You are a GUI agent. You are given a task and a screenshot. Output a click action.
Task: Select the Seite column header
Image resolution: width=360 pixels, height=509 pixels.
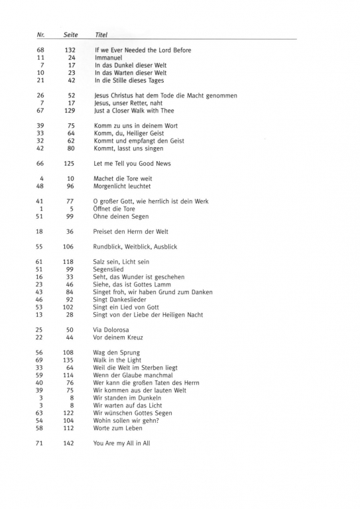point(71,34)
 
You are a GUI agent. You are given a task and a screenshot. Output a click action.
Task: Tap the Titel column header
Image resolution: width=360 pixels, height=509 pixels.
point(101,34)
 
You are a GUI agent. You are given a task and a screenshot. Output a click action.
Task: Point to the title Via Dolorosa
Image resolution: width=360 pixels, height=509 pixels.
point(111,329)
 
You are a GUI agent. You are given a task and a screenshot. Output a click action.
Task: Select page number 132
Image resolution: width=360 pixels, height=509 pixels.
point(70,50)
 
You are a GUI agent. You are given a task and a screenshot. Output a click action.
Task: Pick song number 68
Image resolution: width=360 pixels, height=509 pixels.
point(40,50)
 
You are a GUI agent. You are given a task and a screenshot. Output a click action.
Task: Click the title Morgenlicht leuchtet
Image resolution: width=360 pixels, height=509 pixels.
point(121,186)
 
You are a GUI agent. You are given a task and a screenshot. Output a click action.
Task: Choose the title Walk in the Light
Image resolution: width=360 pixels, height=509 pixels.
point(117,360)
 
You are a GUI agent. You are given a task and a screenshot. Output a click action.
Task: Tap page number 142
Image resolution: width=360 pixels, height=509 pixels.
point(70,443)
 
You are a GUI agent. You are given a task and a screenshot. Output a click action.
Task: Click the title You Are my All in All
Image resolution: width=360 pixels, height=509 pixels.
point(121,443)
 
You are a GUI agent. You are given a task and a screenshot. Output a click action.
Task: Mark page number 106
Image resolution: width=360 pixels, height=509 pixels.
point(70,247)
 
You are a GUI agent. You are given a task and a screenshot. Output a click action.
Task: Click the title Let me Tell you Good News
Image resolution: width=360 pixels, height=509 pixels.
point(132,163)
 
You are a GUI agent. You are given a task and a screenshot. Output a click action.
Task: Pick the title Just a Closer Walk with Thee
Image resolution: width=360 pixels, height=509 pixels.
point(134,111)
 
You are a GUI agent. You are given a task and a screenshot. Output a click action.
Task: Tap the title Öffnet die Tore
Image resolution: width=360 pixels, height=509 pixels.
point(115,208)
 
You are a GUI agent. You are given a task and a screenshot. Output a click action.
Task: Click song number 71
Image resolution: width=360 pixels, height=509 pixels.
point(40,443)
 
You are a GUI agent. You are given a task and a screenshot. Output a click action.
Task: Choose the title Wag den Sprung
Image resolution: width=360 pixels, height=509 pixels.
point(117,353)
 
